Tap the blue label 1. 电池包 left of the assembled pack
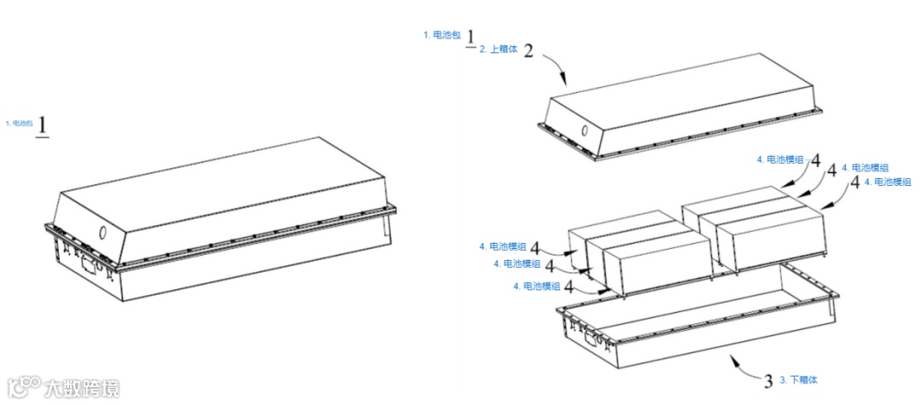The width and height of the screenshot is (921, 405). click(x=19, y=124)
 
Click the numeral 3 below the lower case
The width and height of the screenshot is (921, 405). click(x=767, y=380)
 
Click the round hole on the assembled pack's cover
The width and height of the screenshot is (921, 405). click(x=103, y=232)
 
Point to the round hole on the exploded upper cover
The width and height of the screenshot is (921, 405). click(x=584, y=132)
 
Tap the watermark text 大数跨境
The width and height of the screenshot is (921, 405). click(x=82, y=389)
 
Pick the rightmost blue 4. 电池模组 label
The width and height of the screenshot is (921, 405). click(x=888, y=182)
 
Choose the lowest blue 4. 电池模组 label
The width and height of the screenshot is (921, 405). click(x=538, y=286)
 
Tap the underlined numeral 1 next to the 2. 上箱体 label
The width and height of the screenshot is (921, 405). click(x=470, y=39)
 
